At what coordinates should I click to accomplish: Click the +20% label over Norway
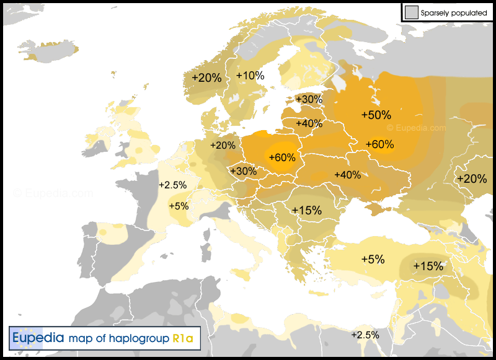pyautogui.click(x=206, y=78)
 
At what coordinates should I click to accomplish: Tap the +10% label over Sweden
pyautogui.click(x=250, y=76)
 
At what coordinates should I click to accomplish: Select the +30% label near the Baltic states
pyautogui.click(x=309, y=99)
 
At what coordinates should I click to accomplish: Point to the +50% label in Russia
pyautogui.click(x=376, y=115)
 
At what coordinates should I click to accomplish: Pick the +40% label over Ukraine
pyautogui.click(x=347, y=175)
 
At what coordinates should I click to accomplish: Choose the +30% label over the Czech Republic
pyautogui.click(x=243, y=171)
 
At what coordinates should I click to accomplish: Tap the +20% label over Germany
pyautogui.click(x=223, y=145)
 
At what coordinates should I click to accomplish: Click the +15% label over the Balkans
pyautogui.click(x=307, y=210)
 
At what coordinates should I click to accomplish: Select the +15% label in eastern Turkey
pyautogui.click(x=428, y=266)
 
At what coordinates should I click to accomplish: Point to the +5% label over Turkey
pyautogui.click(x=373, y=259)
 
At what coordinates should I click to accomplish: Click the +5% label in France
pyautogui.click(x=179, y=206)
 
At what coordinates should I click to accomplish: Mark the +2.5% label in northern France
pyautogui.click(x=172, y=185)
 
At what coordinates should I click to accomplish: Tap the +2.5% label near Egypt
pyautogui.click(x=365, y=335)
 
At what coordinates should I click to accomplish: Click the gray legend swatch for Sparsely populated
pyautogui.click(x=410, y=12)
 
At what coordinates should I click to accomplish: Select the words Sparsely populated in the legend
pyautogui.click(x=453, y=12)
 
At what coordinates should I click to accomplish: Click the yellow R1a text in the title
pyautogui.click(x=183, y=339)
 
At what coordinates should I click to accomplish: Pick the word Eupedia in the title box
pyautogui.click(x=38, y=339)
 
